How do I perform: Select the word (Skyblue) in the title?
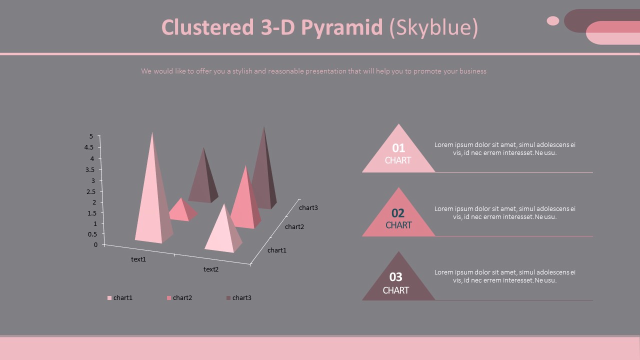pyautogui.click(x=433, y=28)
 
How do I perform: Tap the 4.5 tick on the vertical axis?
pyautogui.click(x=88, y=147)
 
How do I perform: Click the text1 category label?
pyautogui.click(x=138, y=259)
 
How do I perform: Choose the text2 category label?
pyautogui.click(x=211, y=269)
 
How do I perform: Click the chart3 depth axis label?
pyautogui.click(x=308, y=208)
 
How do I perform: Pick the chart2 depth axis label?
pyautogui.click(x=294, y=227)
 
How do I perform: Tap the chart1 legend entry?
pyautogui.click(x=122, y=298)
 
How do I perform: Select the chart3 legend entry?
pyautogui.click(x=241, y=298)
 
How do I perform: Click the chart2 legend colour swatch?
pyautogui.click(x=169, y=298)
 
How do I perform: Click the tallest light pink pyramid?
pyautogui.click(x=152, y=200)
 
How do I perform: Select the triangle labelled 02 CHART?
pyautogui.click(x=398, y=218)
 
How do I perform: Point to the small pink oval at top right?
pyautogui.click(x=553, y=20)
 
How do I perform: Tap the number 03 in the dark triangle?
pyautogui.click(x=395, y=277)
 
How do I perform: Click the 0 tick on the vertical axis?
pyautogui.click(x=95, y=245)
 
